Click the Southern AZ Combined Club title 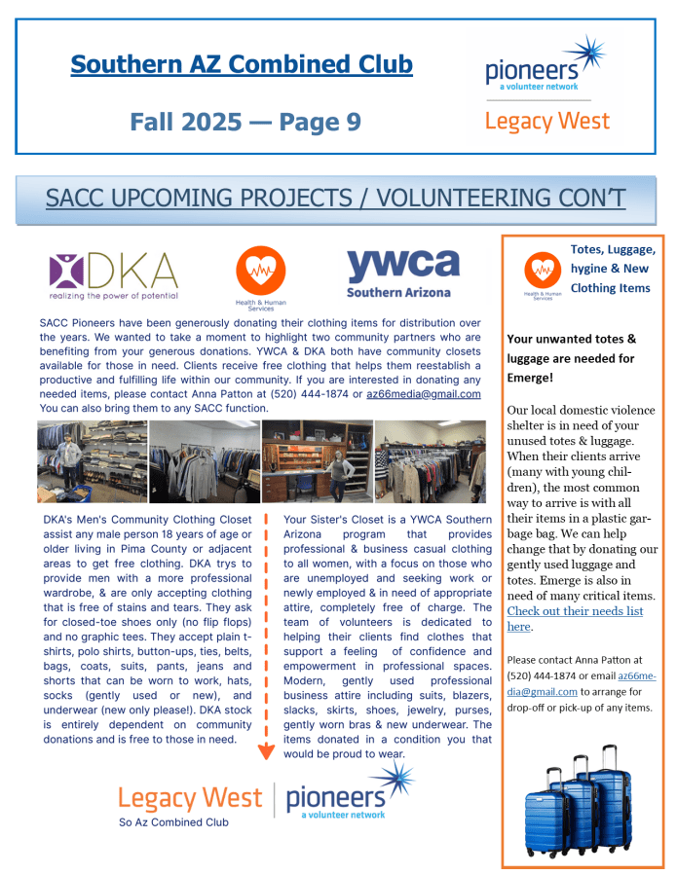[x=242, y=65]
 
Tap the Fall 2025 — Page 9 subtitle [x=244, y=122]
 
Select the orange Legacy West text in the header [x=546, y=121]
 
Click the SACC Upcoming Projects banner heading [x=335, y=199]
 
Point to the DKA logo [x=114, y=275]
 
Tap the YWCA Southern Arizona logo [x=402, y=273]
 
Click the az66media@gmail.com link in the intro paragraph [x=423, y=394]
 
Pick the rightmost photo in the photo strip [x=430, y=461]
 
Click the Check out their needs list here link [x=574, y=619]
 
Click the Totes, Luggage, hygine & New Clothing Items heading [x=610, y=269]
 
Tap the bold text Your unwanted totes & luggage [x=571, y=348]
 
